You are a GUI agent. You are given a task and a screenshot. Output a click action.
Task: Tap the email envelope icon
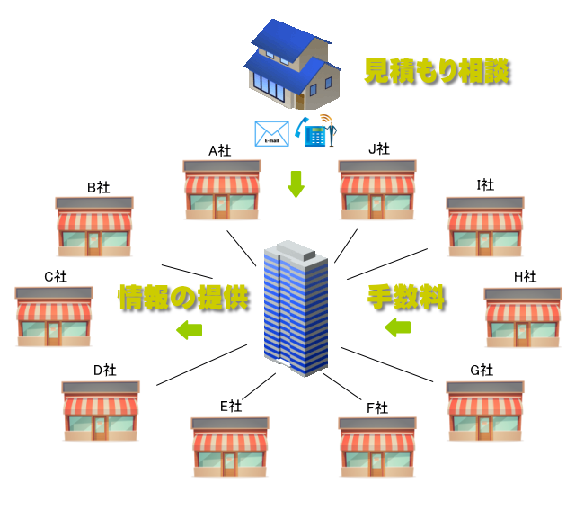tap(271, 134)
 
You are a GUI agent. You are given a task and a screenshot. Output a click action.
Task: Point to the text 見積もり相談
tap(437, 72)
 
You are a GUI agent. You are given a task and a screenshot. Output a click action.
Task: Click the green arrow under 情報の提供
tap(188, 329)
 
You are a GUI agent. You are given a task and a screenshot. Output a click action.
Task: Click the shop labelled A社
tap(221, 191)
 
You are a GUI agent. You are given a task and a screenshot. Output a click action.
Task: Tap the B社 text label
tap(98, 187)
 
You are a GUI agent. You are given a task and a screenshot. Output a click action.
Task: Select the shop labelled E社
tap(230, 447)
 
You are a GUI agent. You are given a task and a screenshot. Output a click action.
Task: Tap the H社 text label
tap(525, 276)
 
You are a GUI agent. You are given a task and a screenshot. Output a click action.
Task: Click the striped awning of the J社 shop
tap(377, 185)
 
